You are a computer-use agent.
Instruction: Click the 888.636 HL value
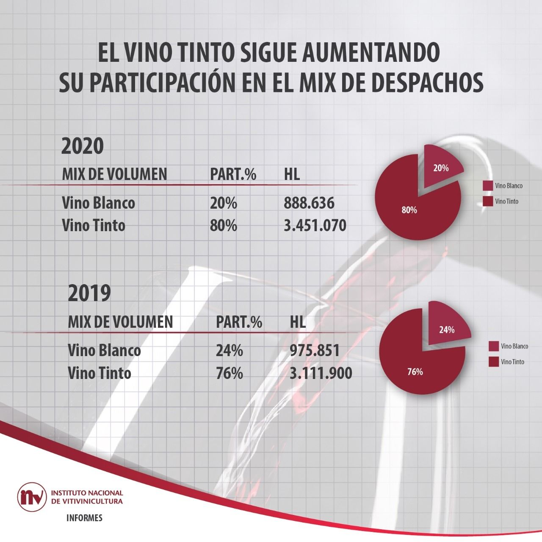point(309,203)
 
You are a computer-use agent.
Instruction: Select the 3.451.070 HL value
point(315,225)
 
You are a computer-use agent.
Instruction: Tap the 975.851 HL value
point(315,351)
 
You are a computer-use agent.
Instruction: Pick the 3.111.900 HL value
point(321,373)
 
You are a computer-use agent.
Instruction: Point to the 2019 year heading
point(89,293)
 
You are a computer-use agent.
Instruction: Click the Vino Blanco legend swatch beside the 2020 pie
point(487,186)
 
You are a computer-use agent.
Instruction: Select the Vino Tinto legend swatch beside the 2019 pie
point(493,362)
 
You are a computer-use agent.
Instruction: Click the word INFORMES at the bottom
point(84,518)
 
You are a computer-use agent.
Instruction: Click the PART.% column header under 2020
point(233,174)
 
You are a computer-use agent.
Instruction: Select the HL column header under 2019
point(298,322)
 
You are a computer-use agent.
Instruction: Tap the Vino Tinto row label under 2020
point(94,225)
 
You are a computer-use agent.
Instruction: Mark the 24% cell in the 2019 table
point(230,351)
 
